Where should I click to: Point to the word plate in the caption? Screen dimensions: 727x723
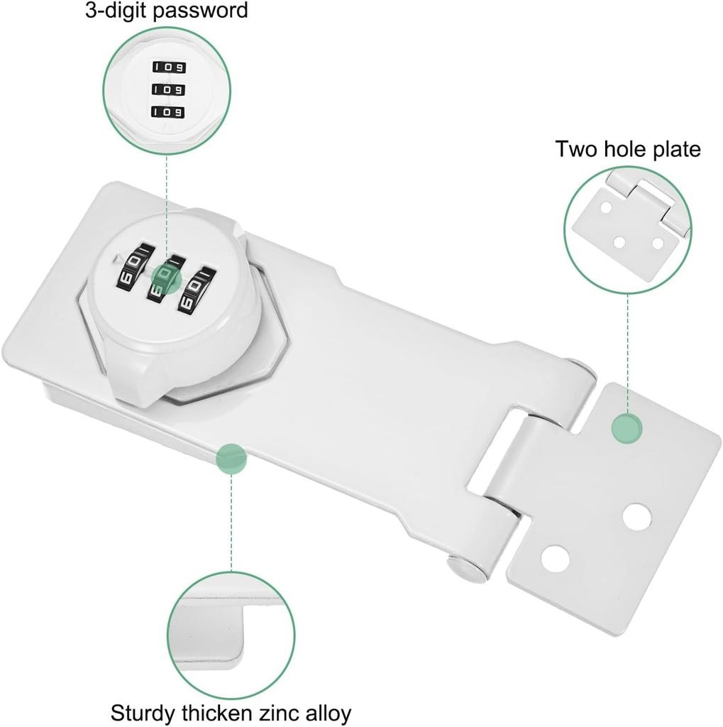pyautogui.click(x=673, y=149)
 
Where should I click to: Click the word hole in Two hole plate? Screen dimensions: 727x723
pyautogui.click(x=621, y=149)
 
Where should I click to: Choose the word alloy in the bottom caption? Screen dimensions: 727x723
pyautogui.click(x=329, y=712)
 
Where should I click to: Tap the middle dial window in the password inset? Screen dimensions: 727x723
pyautogui.click(x=167, y=90)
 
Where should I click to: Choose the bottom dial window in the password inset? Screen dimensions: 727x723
pyautogui.click(x=167, y=112)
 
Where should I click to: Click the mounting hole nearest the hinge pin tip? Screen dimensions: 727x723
pyautogui.click(x=556, y=558)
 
